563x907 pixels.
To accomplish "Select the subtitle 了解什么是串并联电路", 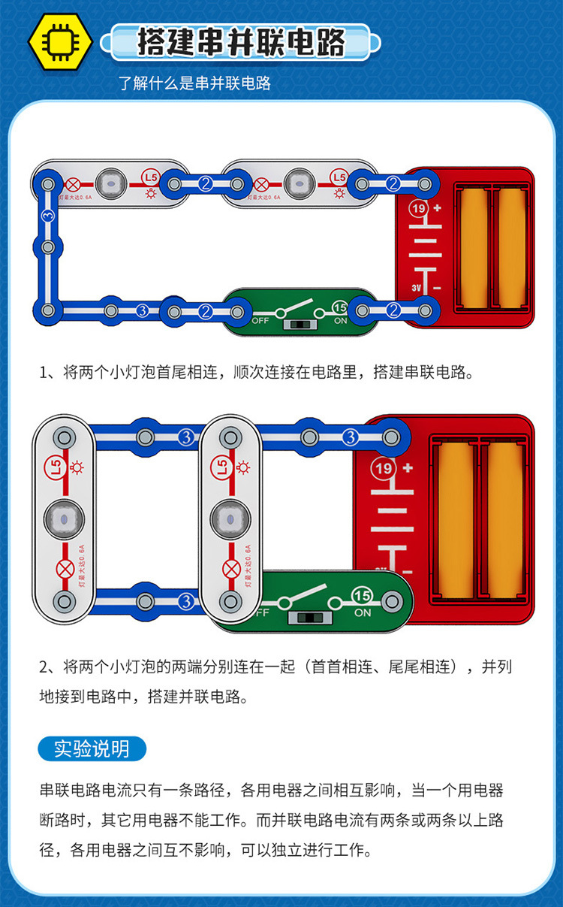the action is (194, 83).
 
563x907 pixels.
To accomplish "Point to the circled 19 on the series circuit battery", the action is (418, 208).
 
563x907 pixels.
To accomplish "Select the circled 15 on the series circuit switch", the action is (340, 308).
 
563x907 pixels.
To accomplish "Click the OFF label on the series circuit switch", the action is (260, 320).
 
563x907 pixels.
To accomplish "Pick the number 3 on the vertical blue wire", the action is (48, 216).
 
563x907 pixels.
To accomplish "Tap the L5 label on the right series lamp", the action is (339, 177).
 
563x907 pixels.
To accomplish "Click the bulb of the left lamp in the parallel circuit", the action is (64, 519).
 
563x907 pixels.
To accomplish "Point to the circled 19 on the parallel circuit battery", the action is (384, 469).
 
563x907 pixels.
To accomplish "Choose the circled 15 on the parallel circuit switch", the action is (362, 596).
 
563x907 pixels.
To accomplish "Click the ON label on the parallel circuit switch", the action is (363, 612).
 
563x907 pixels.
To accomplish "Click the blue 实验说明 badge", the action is (92, 748).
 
